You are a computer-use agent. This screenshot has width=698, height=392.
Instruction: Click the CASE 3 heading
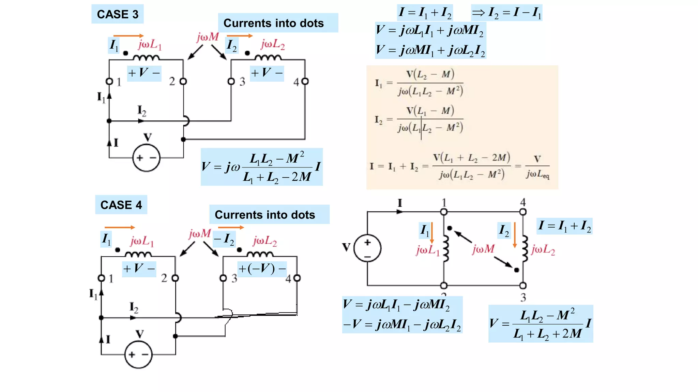pos(118,14)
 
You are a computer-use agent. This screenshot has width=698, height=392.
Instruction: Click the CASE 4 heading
pos(121,205)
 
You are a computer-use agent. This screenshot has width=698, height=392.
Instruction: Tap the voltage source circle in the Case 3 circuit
pos(146,158)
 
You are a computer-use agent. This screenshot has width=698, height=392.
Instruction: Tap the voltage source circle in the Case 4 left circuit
pos(138,355)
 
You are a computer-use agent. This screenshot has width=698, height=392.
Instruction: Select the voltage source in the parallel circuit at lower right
pos(367,248)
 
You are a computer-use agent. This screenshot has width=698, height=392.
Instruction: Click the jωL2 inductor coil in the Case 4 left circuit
pos(260,254)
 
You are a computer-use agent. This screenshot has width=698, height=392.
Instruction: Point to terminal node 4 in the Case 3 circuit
pos(305,81)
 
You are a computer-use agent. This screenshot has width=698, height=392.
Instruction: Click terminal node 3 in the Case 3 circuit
pos(231,81)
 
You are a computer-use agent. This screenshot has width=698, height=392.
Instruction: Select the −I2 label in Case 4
pos(224,239)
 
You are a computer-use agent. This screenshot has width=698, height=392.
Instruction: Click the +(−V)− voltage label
pos(262,269)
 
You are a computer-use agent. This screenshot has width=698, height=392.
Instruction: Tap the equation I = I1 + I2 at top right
pos(425,13)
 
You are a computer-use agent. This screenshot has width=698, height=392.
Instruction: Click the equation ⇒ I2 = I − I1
pos(506,13)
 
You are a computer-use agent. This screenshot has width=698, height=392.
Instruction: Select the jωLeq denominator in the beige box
pos(537,174)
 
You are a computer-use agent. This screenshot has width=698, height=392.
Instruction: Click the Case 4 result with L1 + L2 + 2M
pos(541,324)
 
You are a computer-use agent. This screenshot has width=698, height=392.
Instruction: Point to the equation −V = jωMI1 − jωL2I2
pos(402,324)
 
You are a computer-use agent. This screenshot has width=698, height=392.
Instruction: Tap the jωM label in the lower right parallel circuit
pos(483,249)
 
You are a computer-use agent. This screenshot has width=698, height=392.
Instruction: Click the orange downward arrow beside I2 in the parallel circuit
pos(515,235)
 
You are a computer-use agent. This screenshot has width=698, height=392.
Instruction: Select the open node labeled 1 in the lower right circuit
pos(444,212)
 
